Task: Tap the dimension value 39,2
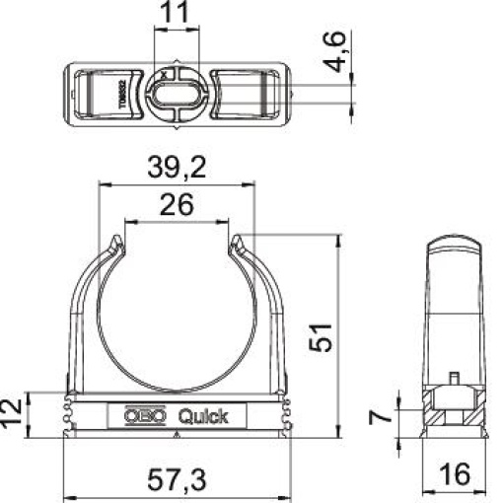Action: [177, 170]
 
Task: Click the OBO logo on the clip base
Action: [142, 416]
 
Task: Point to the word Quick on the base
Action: [202, 416]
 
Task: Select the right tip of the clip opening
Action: [237, 241]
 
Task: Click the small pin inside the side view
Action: [453, 379]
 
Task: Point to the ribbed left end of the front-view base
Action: [68, 414]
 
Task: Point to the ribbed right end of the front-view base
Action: [287, 414]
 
